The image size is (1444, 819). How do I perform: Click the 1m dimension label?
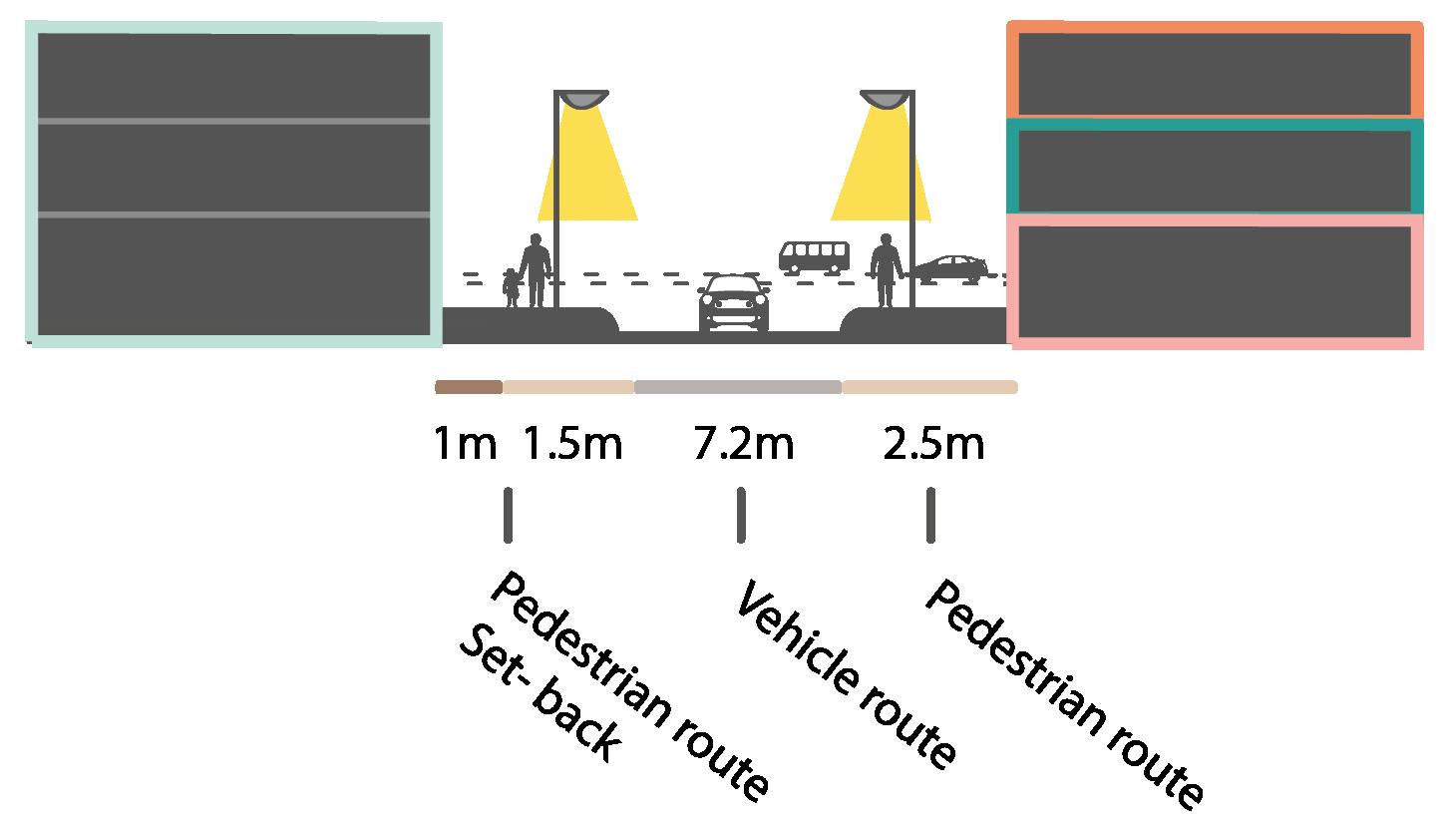click(x=465, y=444)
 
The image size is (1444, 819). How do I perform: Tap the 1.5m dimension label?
click(x=572, y=444)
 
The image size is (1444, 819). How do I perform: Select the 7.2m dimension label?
click(x=744, y=444)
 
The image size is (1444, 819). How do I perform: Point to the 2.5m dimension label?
click(x=933, y=444)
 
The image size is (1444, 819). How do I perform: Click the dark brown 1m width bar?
click(x=469, y=387)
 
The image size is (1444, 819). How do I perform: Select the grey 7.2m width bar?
click(x=738, y=387)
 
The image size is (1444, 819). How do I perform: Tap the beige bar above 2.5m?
click(x=929, y=387)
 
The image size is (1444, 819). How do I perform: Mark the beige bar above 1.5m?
click(x=568, y=387)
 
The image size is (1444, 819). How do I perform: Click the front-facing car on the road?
click(x=734, y=303)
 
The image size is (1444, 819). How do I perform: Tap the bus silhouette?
click(x=814, y=256)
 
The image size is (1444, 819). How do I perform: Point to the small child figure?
click(x=512, y=287)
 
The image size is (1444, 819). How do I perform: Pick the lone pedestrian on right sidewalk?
click(x=885, y=270)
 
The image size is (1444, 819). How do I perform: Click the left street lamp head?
click(x=583, y=99)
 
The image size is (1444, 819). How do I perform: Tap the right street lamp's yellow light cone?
click(x=881, y=170)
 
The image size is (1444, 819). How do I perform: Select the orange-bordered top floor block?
click(x=1215, y=72)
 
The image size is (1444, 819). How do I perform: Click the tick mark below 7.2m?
click(x=740, y=515)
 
